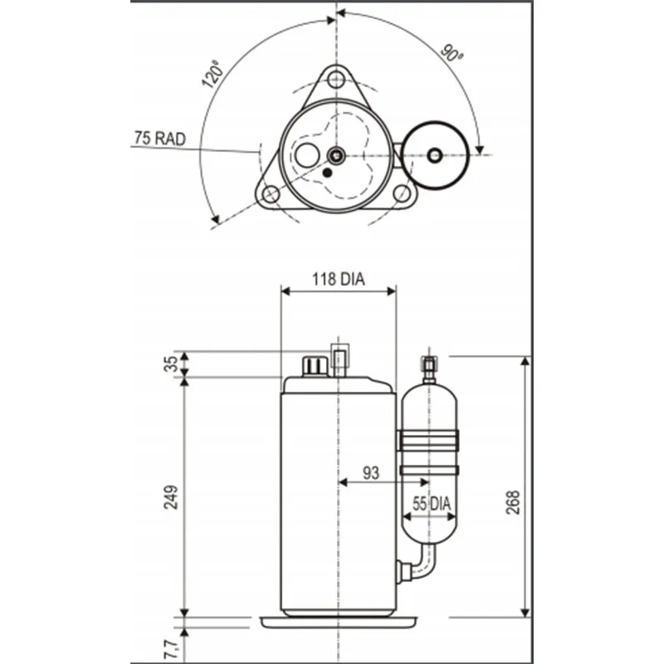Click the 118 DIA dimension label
click(339, 280)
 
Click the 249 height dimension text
click(171, 497)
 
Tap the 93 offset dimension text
click(371, 473)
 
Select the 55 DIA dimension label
click(432, 503)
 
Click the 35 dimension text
click(171, 364)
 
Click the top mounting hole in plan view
click(335, 80)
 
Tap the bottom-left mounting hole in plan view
click(271, 194)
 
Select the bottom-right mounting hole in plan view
click(402, 193)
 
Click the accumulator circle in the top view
click(434, 154)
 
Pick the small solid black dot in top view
click(326, 172)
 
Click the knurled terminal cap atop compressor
click(315, 365)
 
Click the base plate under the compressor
click(339, 621)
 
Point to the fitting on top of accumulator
click(429, 365)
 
